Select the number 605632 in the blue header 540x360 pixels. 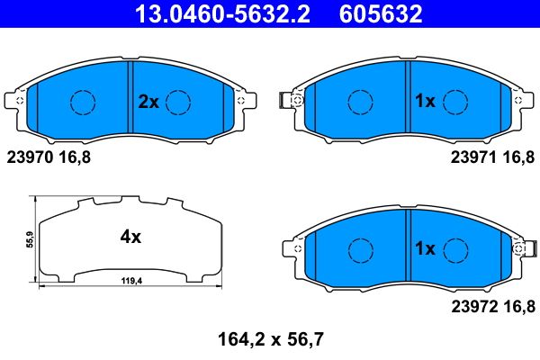click(379, 13)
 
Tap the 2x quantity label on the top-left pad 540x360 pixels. click(148, 103)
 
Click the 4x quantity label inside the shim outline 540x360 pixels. click(131, 238)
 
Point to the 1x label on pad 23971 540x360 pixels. click(425, 103)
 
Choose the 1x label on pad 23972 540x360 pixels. click(425, 247)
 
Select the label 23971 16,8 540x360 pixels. click(490, 157)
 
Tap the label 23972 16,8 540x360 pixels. click(490, 305)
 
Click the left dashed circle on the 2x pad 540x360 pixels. click(84, 103)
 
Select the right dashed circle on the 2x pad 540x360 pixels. click(179, 103)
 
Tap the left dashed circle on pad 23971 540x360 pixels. click(362, 103)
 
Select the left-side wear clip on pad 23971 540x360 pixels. click(290, 101)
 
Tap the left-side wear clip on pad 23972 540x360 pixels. click(290, 246)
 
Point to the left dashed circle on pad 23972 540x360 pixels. click(362, 247)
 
